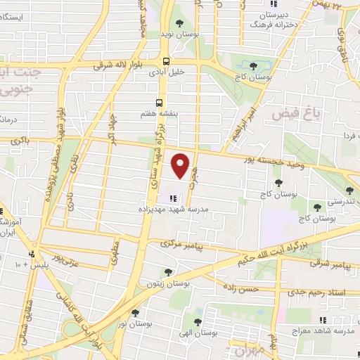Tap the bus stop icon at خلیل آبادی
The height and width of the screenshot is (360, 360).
click(165, 60)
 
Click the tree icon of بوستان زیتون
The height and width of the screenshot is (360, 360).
click(167, 272)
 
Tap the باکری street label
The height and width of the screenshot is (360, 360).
click(20, 142)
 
